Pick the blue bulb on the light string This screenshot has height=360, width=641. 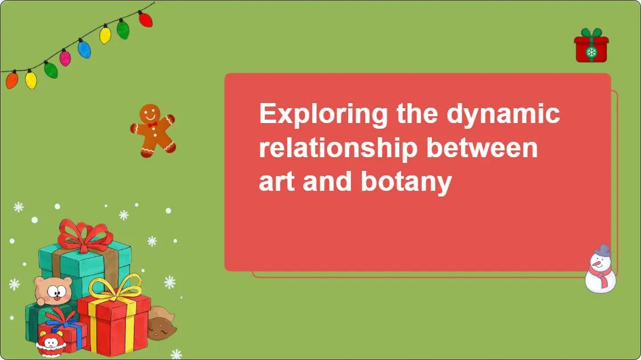84,49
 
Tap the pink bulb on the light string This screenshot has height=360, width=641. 66,58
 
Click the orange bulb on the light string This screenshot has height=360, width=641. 11,80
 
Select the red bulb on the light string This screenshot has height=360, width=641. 145,19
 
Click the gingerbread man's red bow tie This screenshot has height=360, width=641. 152,125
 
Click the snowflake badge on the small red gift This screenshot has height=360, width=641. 591,53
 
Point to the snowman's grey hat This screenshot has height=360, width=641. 602,251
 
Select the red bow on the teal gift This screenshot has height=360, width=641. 84,235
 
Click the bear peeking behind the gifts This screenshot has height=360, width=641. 53,291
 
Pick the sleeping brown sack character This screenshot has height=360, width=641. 161,325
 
